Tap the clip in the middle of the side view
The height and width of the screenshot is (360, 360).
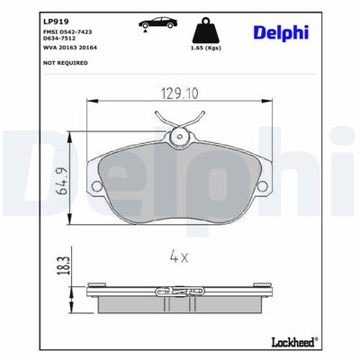click(x=179, y=293)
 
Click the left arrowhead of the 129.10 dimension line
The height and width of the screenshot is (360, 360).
click(x=90, y=101)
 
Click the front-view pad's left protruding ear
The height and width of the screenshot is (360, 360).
click(x=94, y=157)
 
